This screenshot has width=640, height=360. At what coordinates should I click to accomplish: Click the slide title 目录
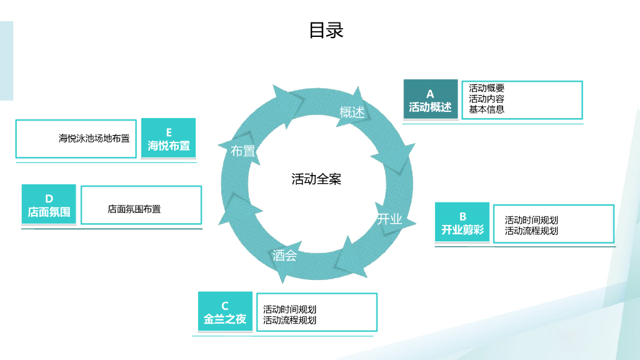point(326,30)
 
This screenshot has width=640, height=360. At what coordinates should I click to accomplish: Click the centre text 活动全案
point(316,179)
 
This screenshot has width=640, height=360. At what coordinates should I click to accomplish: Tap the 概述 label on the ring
point(352,112)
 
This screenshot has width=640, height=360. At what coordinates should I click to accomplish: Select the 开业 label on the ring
point(389,219)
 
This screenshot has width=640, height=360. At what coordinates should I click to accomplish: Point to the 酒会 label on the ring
point(284,256)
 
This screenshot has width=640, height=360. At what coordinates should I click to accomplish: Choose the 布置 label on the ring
point(243,151)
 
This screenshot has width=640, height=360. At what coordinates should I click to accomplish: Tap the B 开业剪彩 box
point(462,223)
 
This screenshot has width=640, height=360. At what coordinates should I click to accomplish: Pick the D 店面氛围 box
point(49,205)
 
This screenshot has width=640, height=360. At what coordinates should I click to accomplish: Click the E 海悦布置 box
point(169,139)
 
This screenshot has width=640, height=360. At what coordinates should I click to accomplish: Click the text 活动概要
point(487,89)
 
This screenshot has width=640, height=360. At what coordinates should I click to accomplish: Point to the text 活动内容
point(487,99)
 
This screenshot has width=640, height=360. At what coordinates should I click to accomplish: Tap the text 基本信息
point(487,109)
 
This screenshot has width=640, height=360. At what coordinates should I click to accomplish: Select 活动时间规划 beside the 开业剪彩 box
point(531,220)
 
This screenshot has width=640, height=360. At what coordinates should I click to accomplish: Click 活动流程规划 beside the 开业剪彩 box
point(531,231)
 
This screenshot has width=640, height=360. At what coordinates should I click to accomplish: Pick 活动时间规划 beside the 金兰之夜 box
point(289,309)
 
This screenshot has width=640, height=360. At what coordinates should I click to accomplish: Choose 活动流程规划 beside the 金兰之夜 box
point(289,320)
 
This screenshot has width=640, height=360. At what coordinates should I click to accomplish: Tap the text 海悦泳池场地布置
point(94,138)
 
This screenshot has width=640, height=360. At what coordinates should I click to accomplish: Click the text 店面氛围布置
point(134,209)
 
